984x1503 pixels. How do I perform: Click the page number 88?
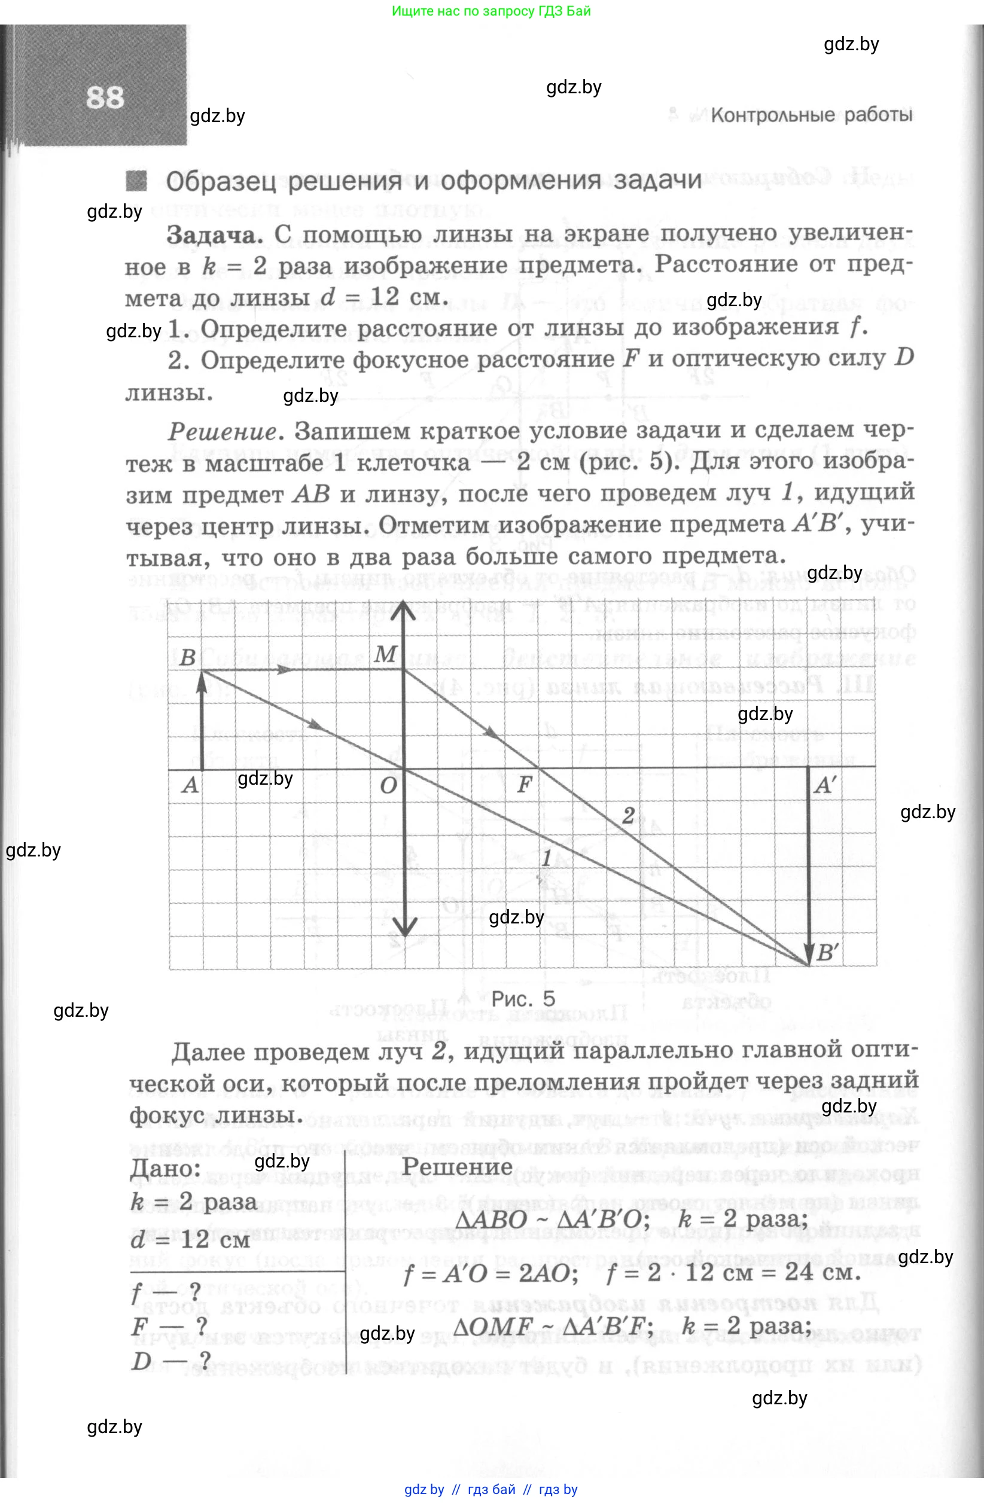point(105,98)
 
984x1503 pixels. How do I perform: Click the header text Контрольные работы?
point(811,115)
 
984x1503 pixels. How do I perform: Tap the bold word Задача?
point(215,235)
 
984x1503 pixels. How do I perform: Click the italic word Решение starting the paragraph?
point(223,432)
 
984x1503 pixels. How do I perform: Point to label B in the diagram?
point(188,657)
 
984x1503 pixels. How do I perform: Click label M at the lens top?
point(385,654)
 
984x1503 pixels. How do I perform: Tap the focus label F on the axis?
point(524,785)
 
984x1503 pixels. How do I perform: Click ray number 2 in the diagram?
point(628,815)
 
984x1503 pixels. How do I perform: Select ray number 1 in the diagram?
point(546,858)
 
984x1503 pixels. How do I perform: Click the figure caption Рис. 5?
point(523,998)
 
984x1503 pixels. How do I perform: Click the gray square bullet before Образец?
point(136,181)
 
